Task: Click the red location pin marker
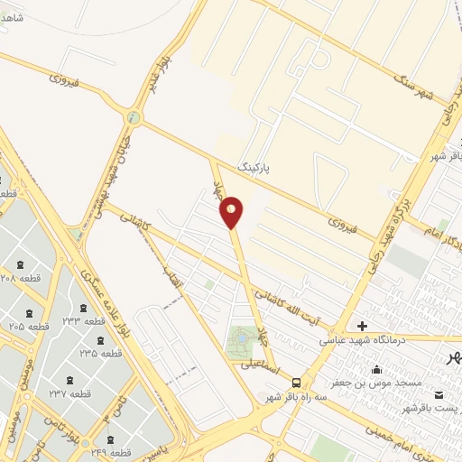(232, 212)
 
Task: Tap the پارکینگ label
(254, 168)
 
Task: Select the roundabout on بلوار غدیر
(134, 116)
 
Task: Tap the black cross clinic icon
(362, 325)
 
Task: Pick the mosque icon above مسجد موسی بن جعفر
(376, 367)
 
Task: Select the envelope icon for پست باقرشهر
(439, 395)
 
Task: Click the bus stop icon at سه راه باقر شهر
(297, 382)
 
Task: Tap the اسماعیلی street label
(261, 365)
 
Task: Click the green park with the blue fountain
(242, 341)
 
